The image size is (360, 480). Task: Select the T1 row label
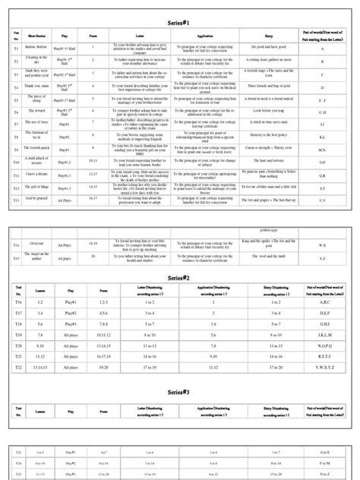pos(16,48)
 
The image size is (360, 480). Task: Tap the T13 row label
pos(16,200)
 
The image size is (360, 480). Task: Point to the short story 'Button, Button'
pos(37,48)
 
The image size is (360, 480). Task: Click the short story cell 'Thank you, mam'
pos(36,87)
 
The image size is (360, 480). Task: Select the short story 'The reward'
pos(36,112)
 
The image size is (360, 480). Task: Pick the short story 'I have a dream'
pos(37,174)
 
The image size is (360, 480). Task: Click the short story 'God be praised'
pos(37,200)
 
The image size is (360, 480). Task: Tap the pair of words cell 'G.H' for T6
pos(323,112)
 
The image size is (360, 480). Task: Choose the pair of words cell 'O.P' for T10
pos(323,161)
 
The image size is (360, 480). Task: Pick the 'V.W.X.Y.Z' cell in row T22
pos(323,368)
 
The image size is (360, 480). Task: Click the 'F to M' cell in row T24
pos(323,462)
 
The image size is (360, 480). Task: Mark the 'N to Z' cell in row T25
pos(323,472)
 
